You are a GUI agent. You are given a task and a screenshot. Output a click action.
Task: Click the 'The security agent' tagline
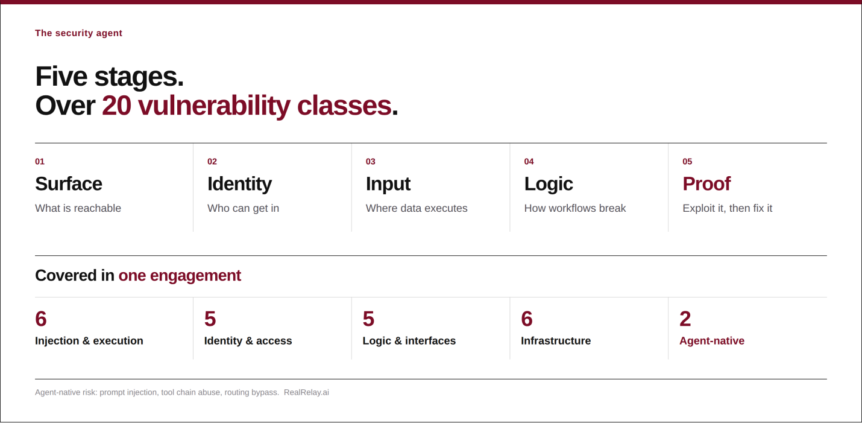pyautogui.click(x=78, y=33)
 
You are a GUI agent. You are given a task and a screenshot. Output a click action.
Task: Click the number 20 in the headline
pyautogui.click(x=116, y=106)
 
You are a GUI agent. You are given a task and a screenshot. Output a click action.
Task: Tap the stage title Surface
pyautogui.click(x=69, y=184)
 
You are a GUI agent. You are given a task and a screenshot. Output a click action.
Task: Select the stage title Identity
pyautogui.click(x=239, y=184)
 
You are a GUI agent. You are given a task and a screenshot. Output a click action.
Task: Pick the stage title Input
pyautogui.click(x=388, y=184)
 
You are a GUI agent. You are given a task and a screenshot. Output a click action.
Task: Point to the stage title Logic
pyautogui.click(x=549, y=184)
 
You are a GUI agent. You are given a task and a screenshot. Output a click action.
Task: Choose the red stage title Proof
pyautogui.click(x=706, y=184)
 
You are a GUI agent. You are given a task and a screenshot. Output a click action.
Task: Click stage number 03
pyautogui.click(x=371, y=162)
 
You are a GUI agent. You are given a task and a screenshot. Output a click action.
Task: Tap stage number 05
pyautogui.click(x=687, y=162)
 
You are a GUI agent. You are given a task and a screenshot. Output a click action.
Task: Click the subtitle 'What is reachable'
pyautogui.click(x=78, y=208)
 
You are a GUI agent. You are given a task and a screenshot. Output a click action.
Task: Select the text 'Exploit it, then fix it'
pyautogui.click(x=728, y=208)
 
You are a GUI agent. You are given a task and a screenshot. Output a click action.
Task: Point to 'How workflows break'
pyautogui.click(x=575, y=208)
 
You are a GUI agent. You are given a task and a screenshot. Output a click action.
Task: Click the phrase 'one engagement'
pyautogui.click(x=180, y=276)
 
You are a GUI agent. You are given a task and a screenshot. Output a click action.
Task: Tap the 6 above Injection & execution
pyautogui.click(x=41, y=319)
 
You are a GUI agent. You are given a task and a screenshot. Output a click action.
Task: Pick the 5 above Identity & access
pyautogui.click(x=210, y=319)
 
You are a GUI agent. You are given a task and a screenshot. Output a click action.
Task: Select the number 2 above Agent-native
pyautogui.click(x=685, y=319)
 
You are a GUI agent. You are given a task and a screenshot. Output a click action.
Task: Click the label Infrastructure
pyautogui.click(x=556, y=340)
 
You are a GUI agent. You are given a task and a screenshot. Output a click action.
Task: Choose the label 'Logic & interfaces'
pyautogui.click(x=409, y=341)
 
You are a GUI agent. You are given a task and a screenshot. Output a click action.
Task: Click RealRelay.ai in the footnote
pyautogui.click(x=306, y=392)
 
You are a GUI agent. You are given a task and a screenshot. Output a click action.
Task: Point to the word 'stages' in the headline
pyautogui.click(x=139, y=77)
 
